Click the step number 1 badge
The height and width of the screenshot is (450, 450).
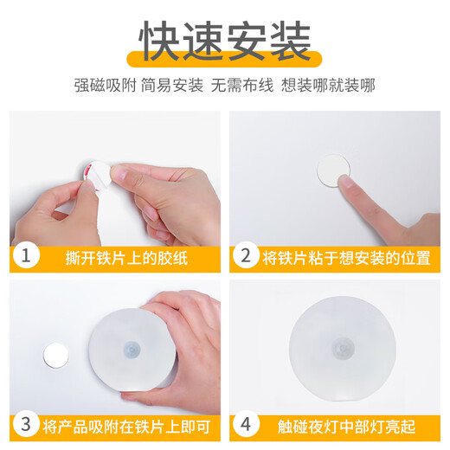pos(27,256)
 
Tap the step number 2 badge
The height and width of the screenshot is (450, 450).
pos(246,256)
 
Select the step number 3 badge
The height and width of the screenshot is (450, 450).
pos(27,424)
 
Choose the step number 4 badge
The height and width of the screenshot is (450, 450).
pos(246,424)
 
